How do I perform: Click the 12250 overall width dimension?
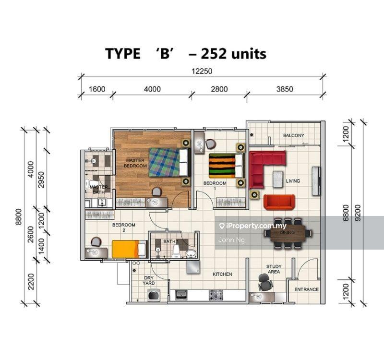tap(202, 71)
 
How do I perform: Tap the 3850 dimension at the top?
tap(285, 89)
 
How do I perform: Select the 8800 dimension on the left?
tap(19, 217)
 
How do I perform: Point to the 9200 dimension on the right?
tap(358, 213)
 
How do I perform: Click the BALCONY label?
tap(294, 135)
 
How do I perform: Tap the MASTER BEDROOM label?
tap(135, 163)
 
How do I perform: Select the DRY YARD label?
tap(149, 281)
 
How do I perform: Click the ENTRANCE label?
tap(306, 289)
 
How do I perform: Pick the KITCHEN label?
tap(222, 274)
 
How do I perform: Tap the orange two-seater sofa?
tap(279, 202)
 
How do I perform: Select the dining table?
tap(288, 234)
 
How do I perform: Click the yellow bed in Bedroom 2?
tap(129, 249)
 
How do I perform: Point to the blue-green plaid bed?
tap(169, 162)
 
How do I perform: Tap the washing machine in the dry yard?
tap(154, 294)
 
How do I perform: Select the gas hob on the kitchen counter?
tap(216, 295)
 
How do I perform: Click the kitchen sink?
tap(181, 294)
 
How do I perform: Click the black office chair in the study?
tap(265, 282)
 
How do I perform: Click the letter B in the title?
tap(165, 54)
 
